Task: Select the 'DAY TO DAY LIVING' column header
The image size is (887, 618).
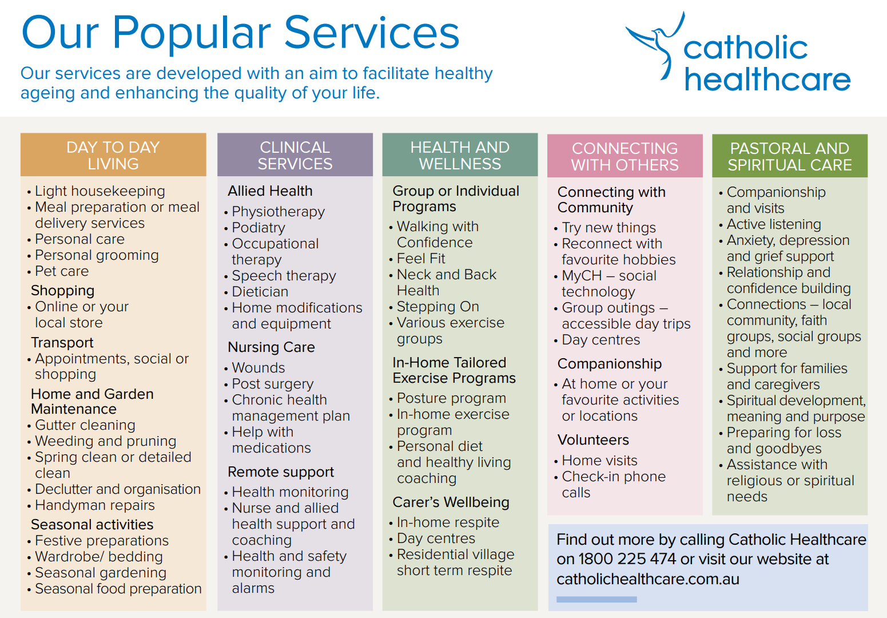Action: [x=113, y=155]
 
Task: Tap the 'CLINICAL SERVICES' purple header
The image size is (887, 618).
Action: [x=295, y=155]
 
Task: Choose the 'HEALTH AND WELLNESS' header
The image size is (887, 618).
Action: [x=460, y=155]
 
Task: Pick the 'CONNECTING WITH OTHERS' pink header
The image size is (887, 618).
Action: [x=625, y=156]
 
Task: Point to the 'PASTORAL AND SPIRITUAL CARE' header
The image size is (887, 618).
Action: [x=789, y=156]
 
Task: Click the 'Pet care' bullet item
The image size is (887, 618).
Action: [x=62, y=271]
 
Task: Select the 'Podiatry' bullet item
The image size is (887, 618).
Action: [x=258, y=228]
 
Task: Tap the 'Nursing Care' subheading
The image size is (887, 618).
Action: [x=271, y=347]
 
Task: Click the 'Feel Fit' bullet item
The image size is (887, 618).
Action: [x=421, y=259]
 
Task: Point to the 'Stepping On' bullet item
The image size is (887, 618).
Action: [x=437, y=307]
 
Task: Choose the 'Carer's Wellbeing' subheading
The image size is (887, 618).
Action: [x=451, y=502]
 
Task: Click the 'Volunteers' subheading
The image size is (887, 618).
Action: [x=593, y=440]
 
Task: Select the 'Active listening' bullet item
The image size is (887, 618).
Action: [x=774, y=224]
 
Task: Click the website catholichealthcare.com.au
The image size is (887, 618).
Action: [x=647, y=579]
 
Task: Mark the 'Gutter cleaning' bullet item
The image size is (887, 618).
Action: [x=85, y=425]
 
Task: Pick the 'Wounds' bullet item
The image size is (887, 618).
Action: [x=258, y=368]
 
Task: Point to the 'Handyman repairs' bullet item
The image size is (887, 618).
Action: [x=95, y=505]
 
